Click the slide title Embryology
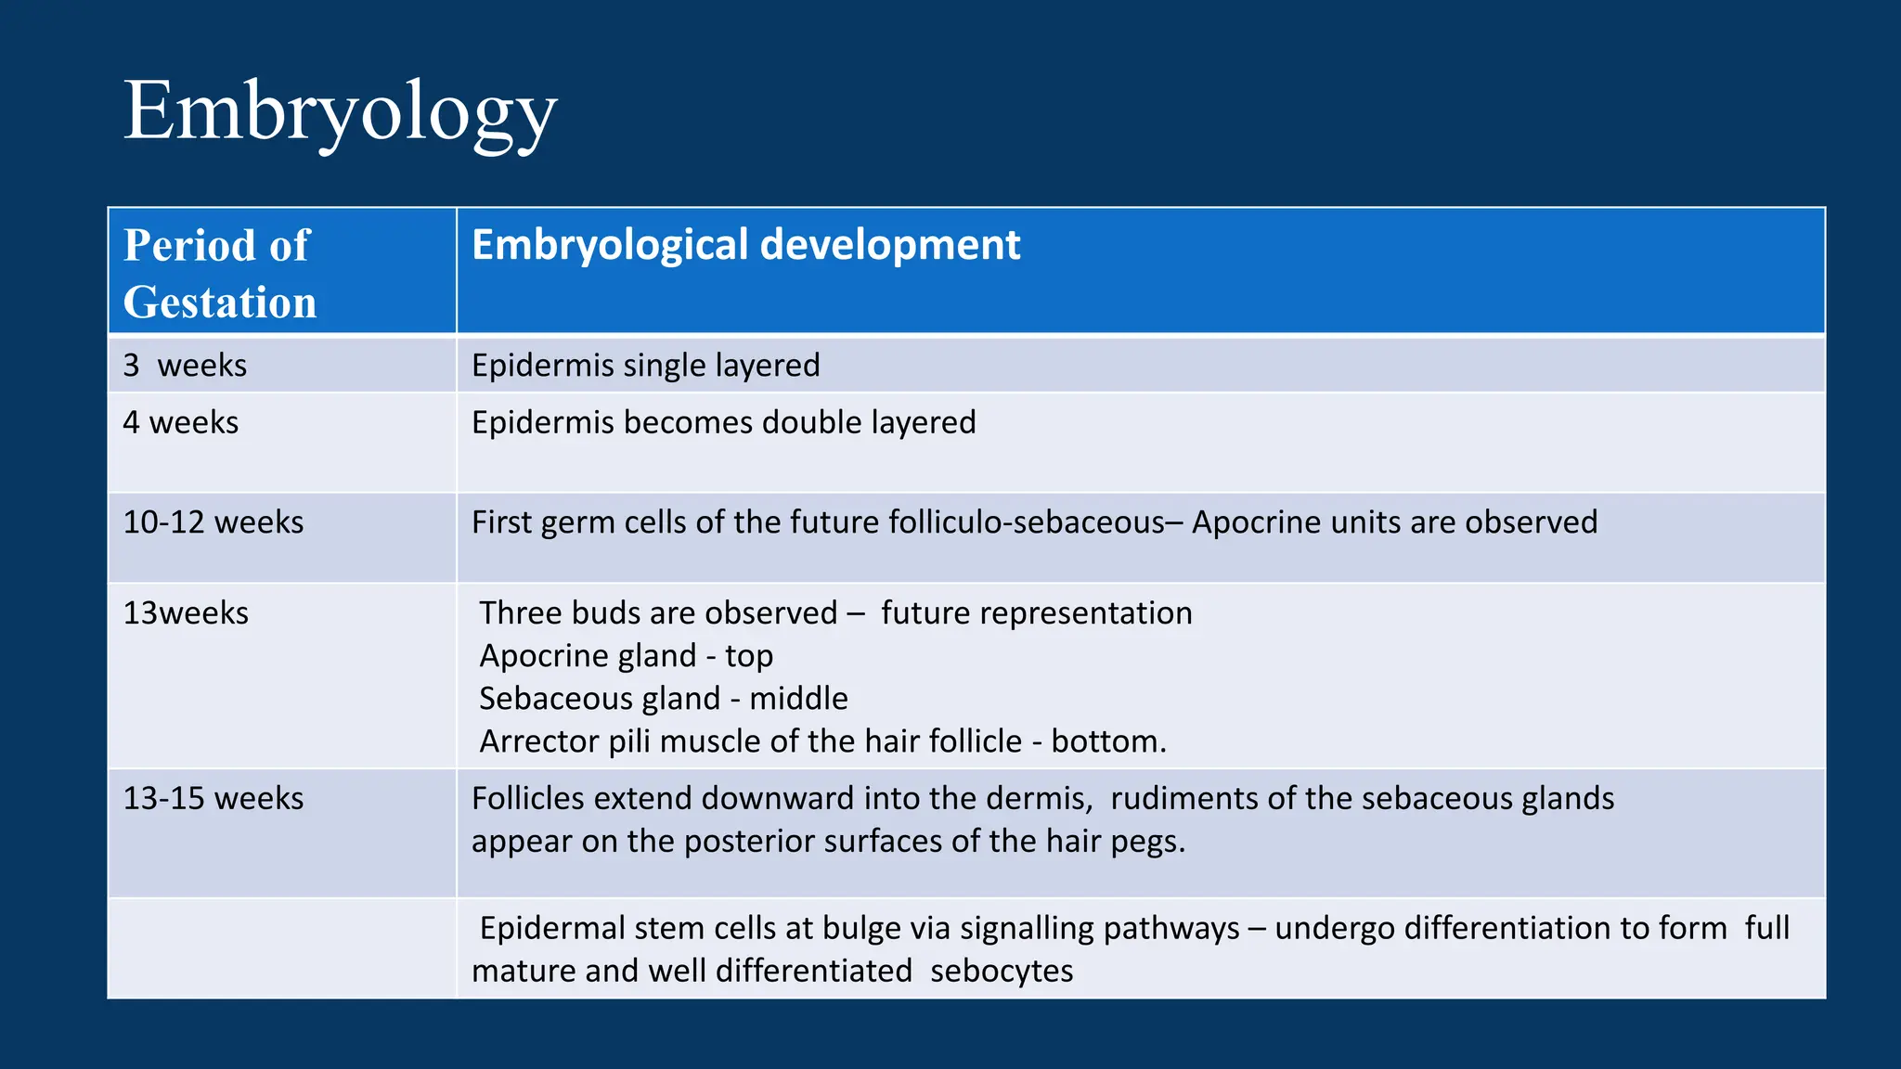[340, 111]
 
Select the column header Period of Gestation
[220, 273]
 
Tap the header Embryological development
[745, 245]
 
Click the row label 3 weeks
[185, 366]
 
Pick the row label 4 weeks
[180, 423]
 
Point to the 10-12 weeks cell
[213, 522]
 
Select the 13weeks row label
[186, 613]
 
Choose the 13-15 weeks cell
[213, 799]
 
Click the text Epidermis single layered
[645, 366]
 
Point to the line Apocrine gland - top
[626, 656]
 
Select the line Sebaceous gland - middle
[663, 699]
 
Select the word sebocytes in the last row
[1001, 972]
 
